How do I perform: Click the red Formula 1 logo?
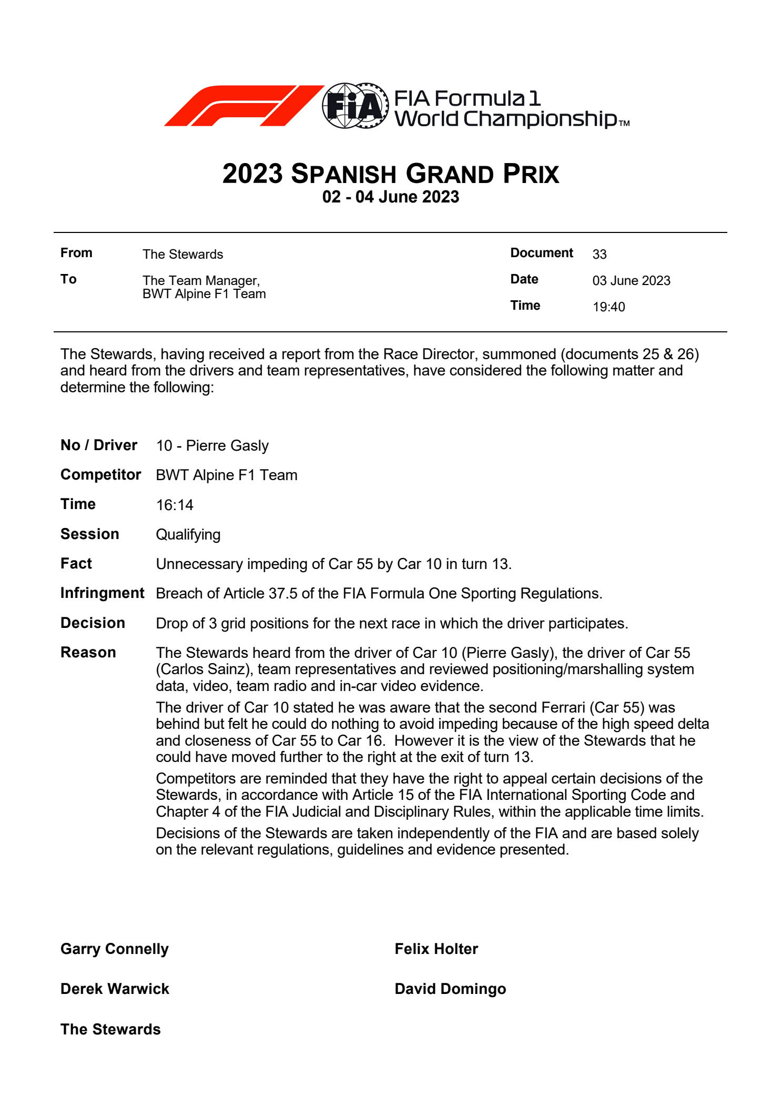click(x=243, y=105)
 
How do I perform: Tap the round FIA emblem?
click(x=355, y=106)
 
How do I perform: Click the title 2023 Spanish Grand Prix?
click(x=391, y=174)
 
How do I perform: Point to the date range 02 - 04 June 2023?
click(x=391, y=197)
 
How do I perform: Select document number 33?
click(x=599, y=255)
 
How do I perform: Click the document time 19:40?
click(x=608, y=307)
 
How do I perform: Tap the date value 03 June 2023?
click(x=631, y=281)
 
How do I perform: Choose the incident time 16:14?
click(x=175, y=505)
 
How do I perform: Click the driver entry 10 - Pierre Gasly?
click(x=212, y=446)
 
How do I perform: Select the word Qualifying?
click(x=188, y=535)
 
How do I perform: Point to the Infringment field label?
click(x=102, y=593)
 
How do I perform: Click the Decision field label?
click(x=93, y=623)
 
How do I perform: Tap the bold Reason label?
click(x=88, y=653)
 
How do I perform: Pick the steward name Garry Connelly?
click(x=115, y=949)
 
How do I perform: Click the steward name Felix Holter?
click(x=436, y=949)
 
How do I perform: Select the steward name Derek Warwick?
click(x=115, y=989)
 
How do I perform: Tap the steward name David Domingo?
click(x=450, y=989)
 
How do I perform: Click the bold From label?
click(x=76, y=253)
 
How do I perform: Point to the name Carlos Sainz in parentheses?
click(x=202, y=669)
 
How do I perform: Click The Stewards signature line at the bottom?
click(x=110, y=1030)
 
